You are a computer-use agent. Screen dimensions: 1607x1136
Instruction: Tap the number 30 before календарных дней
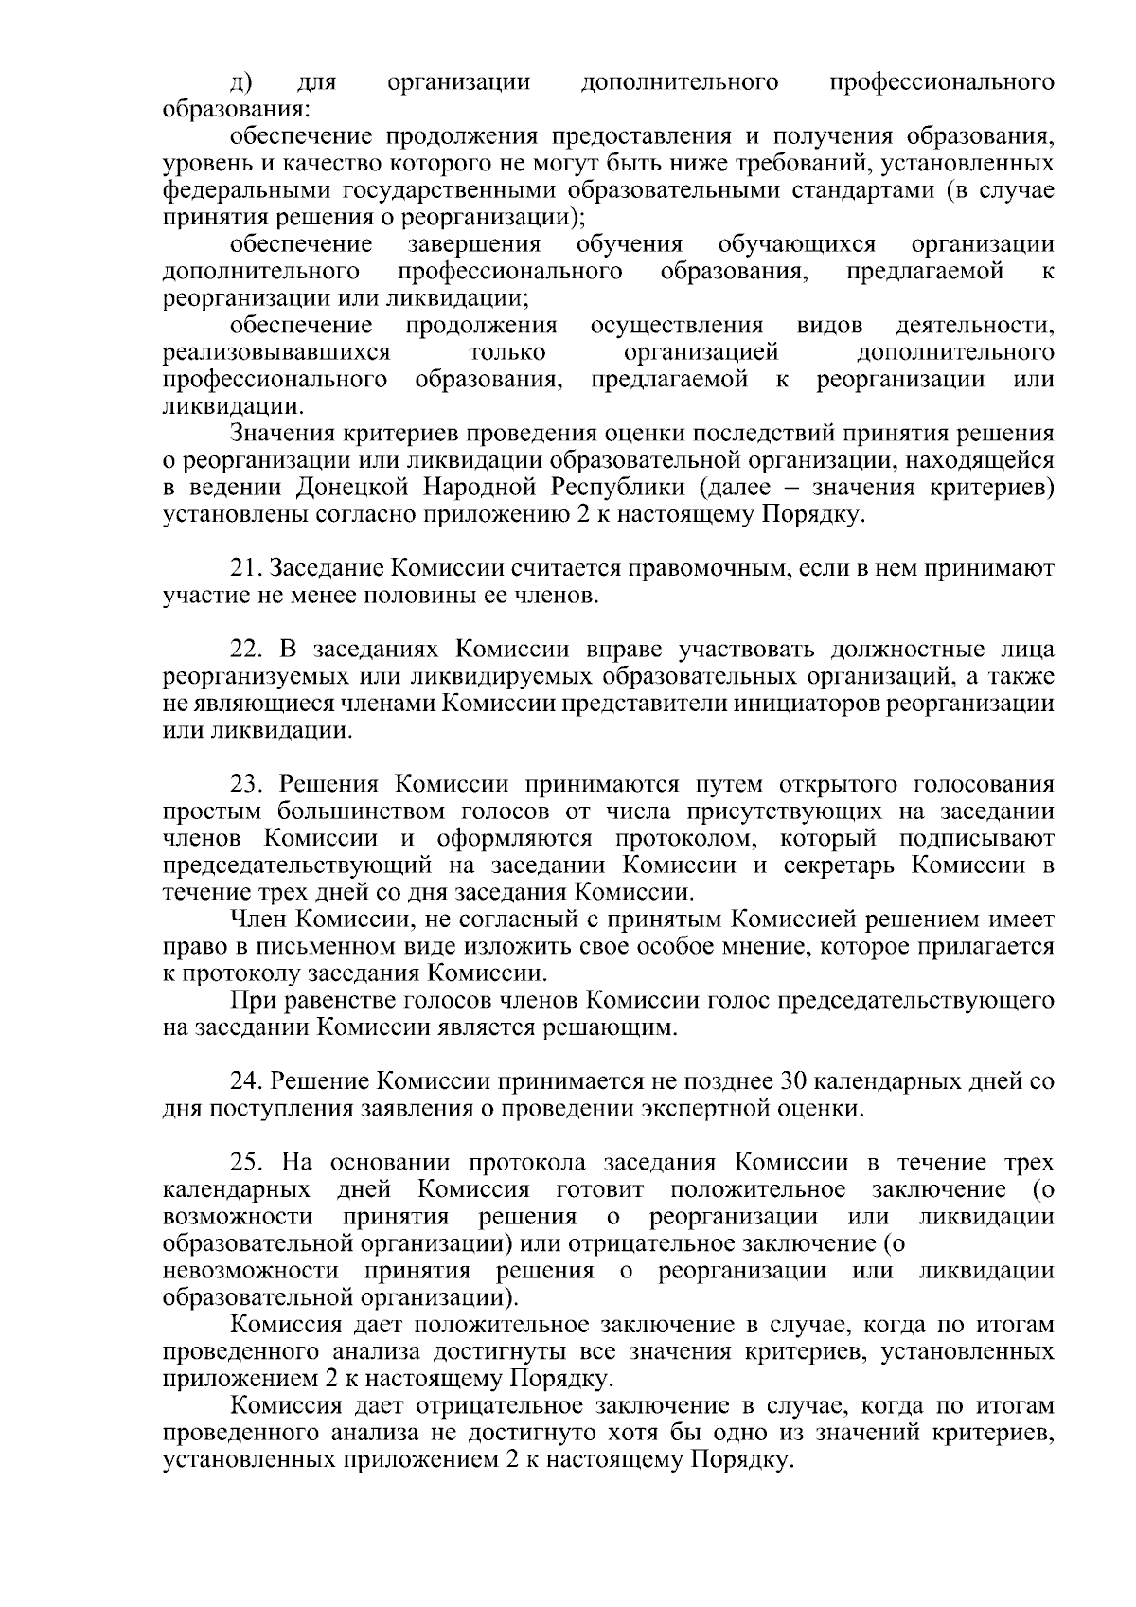click(791, 1081)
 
